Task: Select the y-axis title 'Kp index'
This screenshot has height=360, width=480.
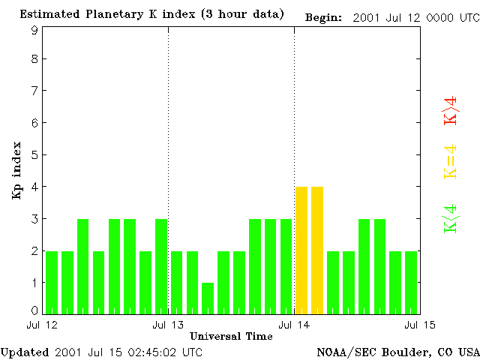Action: pyautogui.click(x=16, y=170)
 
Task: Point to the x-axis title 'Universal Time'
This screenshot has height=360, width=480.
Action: pyautogui.click(x=231, y=336)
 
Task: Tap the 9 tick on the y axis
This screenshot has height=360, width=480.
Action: pyautogui.click(x=34, y=30)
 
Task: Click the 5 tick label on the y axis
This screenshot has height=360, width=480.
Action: pyautogui.click(x=34, y=155)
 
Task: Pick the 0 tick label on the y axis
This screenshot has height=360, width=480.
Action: pyautogui.click(x=34, y=310)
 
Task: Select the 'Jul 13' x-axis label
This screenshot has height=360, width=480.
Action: pyautogui.click(x=168, y=325)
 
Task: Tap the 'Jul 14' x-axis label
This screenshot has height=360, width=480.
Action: pyautogui.click(x=293, y=325)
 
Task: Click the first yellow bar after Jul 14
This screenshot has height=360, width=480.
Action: pyautogui.click(x=301, y=250)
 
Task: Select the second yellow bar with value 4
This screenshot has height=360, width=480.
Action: pyautogui.click(x=317, y=250)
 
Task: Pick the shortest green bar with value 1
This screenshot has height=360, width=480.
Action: pyautogui.click(x=208, y=298)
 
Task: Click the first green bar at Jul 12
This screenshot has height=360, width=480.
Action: pyautogui.click(x=52, y=282)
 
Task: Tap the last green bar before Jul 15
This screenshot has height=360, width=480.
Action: pyautogui.click(x=411, y=282)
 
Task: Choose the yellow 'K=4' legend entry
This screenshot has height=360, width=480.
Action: pyautogui.click(x=451, y=162)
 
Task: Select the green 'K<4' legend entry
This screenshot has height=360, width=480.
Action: pyautogui.click(x=451, y=219)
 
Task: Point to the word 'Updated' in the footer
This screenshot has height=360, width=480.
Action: pyautogui.click(x=23, y=352)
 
